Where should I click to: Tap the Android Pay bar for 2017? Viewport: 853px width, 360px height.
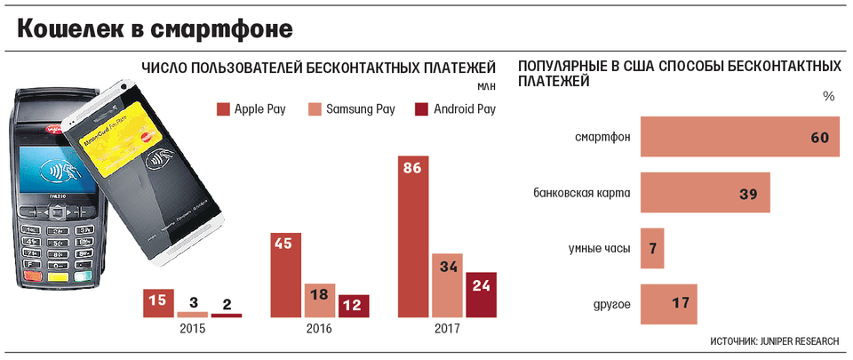[481, 294]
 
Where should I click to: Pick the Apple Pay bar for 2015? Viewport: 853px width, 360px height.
[157, 303]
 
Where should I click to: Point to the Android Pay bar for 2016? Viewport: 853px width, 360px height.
[354, 306]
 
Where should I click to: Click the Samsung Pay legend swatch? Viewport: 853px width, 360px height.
[315, 109]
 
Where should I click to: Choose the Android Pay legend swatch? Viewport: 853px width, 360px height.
[422, 109]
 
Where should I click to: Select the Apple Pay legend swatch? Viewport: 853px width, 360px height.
[223, 109]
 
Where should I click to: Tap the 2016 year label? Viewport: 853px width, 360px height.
[319, 330]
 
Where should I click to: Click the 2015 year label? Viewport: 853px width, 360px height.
[192, 330]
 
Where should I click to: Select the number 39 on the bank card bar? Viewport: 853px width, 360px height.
[750, 193]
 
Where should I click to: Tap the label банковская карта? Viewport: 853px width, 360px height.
[582, 193]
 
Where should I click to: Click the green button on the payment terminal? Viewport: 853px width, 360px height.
[83, 276]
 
